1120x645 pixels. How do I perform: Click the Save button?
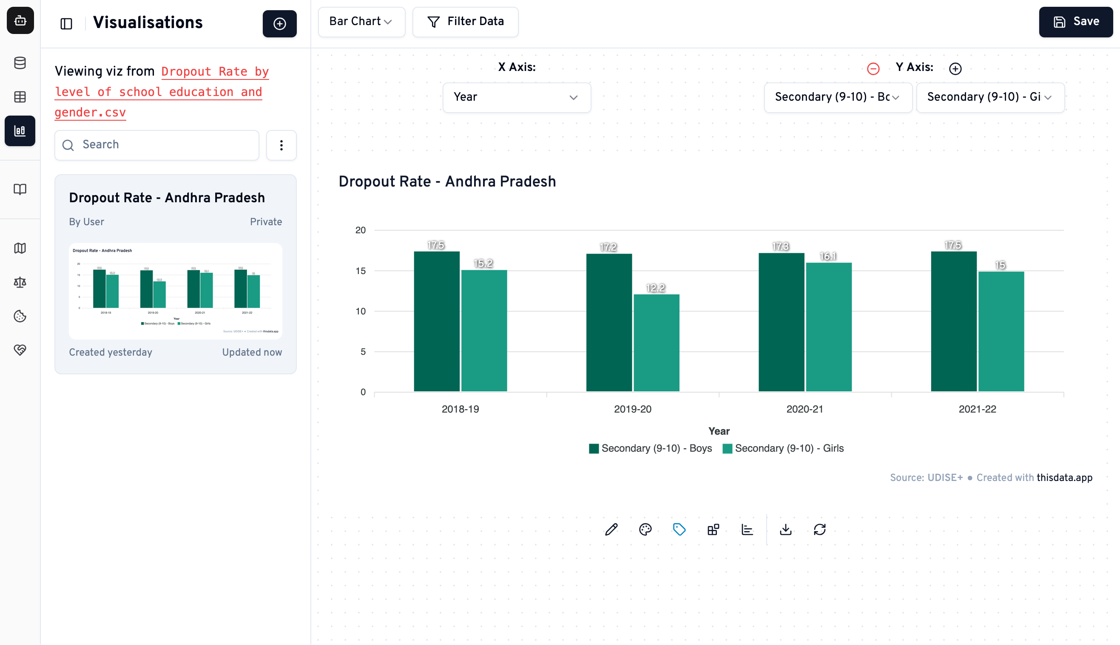click(x=1075, y=22)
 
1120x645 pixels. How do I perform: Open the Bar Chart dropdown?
click(x=361, y=22)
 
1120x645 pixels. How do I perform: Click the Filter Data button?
click(x=465, y=22)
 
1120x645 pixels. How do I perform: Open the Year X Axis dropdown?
click(x=516, y=97)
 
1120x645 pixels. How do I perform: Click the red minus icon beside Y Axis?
click(x=873, y=69)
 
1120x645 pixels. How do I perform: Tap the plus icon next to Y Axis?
click(x=955, y=69)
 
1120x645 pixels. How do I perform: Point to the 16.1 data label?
click(x=827, y=256)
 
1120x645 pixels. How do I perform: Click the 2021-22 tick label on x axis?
click(x=977, y=409)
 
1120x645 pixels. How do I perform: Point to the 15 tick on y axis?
click(x=360, y=271)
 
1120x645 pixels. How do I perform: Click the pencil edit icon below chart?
click(x=611, y=529)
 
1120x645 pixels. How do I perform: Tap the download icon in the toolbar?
click(x=785, y=529)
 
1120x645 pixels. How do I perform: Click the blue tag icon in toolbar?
click(x=679, y=529)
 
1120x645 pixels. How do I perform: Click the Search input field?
click(x=157, y=145)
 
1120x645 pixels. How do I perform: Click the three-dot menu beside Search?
click(x=281, y=145)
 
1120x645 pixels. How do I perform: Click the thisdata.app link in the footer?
click(x=1064, y=478)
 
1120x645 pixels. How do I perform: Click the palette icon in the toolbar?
click(x=645, y=529)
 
